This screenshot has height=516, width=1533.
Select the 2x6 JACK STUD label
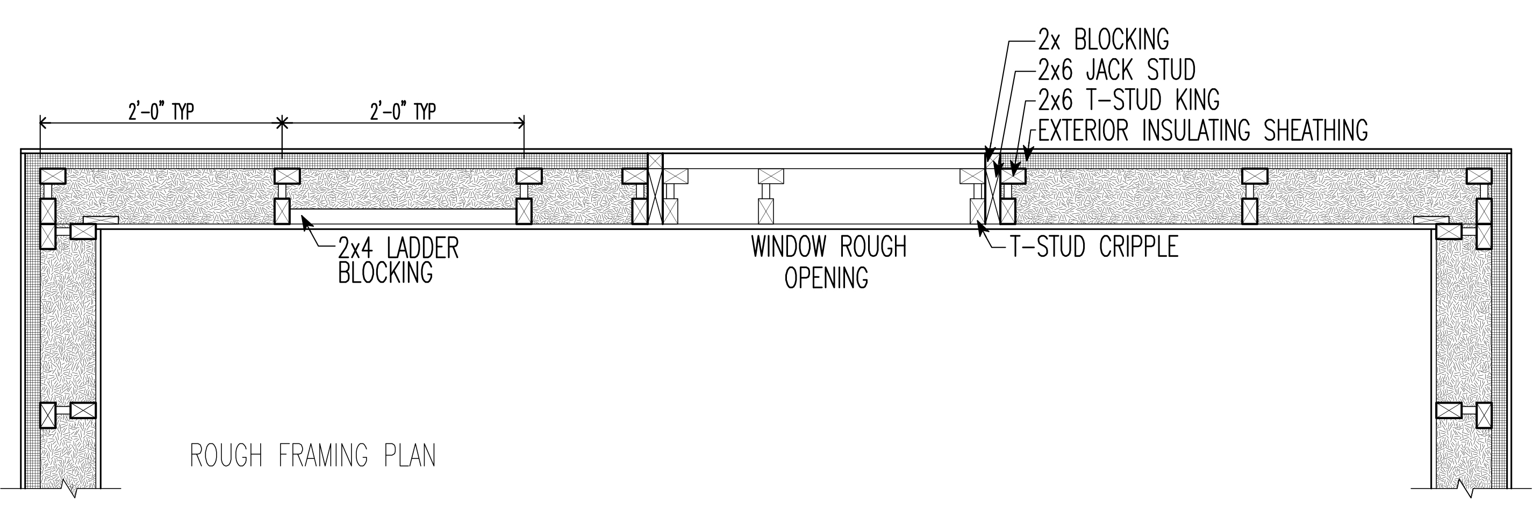click(1116, 71)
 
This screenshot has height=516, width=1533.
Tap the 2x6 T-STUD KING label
click(1128, 101)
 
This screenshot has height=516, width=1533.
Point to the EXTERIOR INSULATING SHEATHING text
click(1202, 130)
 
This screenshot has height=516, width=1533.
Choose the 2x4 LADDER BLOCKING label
click(398, 260)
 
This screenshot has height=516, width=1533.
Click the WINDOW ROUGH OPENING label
click(828, 262)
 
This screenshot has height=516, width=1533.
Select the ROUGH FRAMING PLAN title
click(313, 456)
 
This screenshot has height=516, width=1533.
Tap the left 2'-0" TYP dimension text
click(161, 112)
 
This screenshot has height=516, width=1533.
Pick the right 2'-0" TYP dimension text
click(403, 112)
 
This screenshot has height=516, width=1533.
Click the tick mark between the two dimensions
click(282, 123)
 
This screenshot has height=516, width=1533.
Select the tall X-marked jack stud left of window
click(655, 189)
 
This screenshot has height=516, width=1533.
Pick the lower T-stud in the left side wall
click(67, 411)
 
